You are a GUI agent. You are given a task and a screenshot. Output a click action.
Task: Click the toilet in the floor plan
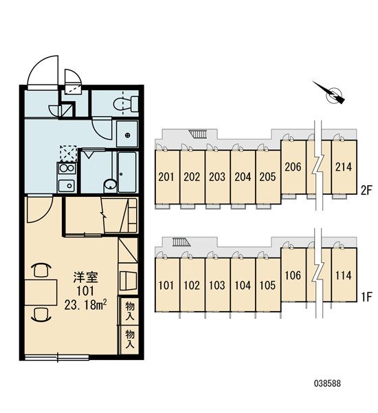pos(126,104)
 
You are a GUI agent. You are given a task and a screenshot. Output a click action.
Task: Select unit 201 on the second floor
pos(166,177)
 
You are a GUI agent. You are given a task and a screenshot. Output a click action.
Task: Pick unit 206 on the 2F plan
pos(293,167)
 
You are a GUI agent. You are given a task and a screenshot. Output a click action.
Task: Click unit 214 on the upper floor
pos(344,167)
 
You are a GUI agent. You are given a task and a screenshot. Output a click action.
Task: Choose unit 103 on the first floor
pos(217,285)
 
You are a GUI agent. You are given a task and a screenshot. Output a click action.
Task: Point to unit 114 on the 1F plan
pos(344,275)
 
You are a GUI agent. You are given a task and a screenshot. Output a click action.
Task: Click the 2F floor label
pos(367,191)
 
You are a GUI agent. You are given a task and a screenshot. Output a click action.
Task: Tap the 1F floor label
pos(366,297)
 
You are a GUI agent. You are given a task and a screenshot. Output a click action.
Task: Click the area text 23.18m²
pos(85,305)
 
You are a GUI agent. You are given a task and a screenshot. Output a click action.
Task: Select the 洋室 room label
pos(85,277)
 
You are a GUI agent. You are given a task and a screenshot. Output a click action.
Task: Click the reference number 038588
pos(327,383)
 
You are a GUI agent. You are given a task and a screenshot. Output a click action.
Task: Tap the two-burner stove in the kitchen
pos(67,169)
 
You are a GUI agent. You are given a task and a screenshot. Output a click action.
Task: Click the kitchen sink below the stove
pos(67,186)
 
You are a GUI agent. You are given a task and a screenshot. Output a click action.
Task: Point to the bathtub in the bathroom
pos(127,172)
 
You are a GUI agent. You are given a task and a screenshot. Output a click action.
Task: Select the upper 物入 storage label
pos(130,311)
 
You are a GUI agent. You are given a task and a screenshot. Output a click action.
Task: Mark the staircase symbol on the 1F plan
pos(181,242)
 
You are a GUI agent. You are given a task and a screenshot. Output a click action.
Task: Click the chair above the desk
pos(41,270)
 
